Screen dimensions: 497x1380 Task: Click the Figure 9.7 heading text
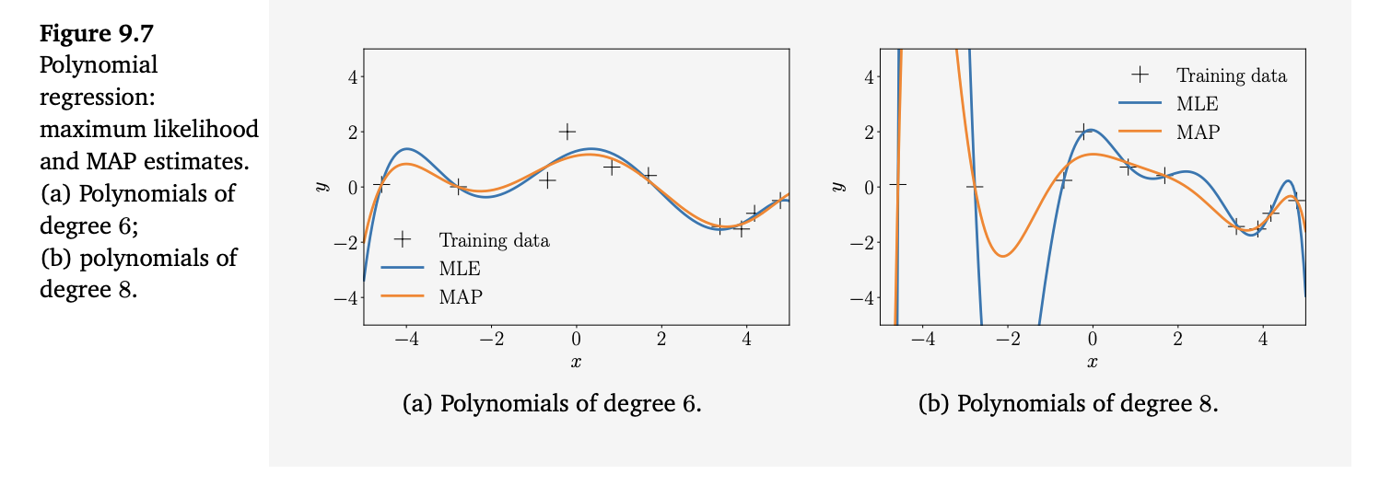[96, 34]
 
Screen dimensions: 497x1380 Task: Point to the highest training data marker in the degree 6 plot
[567, 132]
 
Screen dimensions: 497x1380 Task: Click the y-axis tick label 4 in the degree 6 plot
[351, 76]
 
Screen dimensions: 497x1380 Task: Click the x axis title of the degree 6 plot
[576, 362]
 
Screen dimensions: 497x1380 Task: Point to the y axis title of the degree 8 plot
[836, 187]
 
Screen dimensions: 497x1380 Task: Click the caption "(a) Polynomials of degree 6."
[553, 404]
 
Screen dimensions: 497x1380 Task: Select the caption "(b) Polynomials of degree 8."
[1069, 404]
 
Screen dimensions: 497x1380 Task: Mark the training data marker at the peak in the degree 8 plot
[1083, 132]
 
